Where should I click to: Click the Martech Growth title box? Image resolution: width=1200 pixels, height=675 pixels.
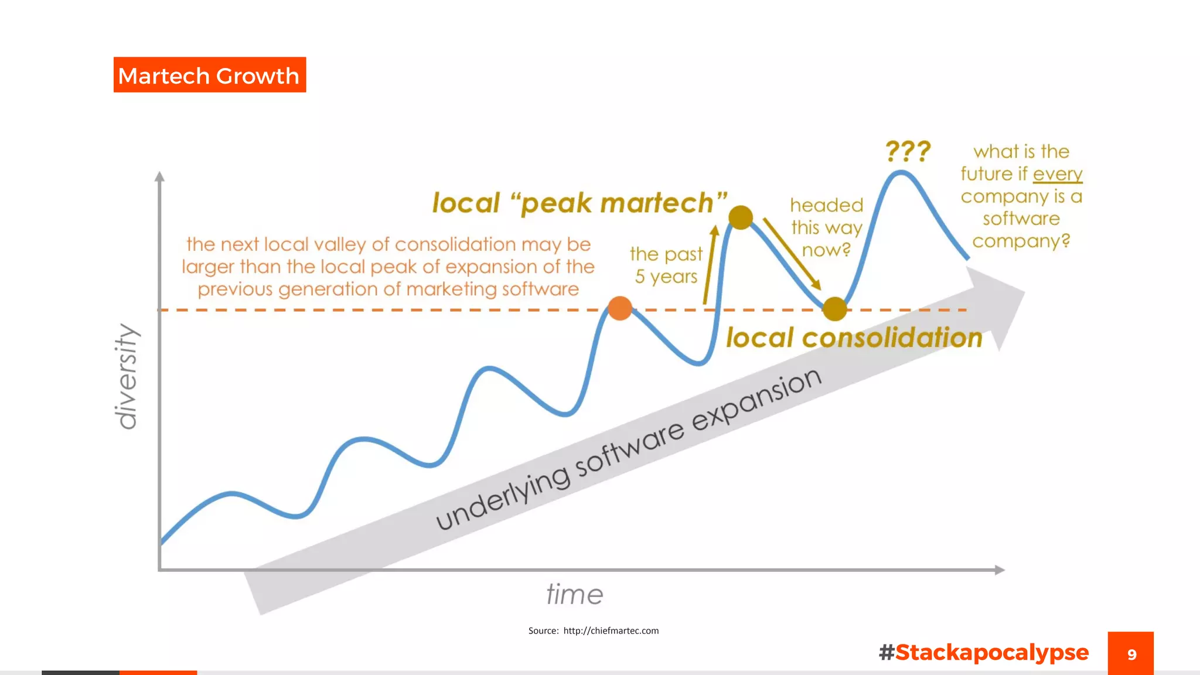[x=209, y=75]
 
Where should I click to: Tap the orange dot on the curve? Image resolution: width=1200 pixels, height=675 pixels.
[x=620, y=308]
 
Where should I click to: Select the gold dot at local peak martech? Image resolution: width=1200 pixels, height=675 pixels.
[x=741, y=217]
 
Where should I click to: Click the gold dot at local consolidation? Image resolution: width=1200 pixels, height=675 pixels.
[x=834, y=309]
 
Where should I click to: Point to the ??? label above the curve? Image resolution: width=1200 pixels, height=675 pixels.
[x=908, y=151]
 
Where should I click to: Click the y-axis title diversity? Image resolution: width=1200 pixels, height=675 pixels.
[x=127, y=376]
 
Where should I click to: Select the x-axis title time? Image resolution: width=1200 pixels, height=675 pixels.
[x=574, y=595]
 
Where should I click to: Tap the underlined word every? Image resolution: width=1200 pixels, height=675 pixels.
[x=1058, y=174]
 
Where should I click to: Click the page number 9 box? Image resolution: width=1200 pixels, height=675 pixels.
[x=1130, y=653]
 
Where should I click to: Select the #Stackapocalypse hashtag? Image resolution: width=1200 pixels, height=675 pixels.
[x=984, y=652]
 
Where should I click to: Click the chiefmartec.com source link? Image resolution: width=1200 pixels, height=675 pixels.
[x=611, y=631]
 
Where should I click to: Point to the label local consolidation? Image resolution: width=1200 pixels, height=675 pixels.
[x=854, y=338]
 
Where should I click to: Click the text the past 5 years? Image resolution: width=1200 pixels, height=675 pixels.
[x=666, y=265]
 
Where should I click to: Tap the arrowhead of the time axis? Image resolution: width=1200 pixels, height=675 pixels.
[x=1000, y=570]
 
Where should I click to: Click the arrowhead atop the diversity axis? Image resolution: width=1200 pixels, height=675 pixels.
[x=159, y=176]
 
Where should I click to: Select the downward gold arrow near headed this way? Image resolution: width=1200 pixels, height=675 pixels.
[x=791, y=253]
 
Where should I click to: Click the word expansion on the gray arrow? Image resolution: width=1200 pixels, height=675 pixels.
[x=756, y=398]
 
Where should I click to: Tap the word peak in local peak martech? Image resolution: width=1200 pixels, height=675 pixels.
[x=556, y=203]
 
